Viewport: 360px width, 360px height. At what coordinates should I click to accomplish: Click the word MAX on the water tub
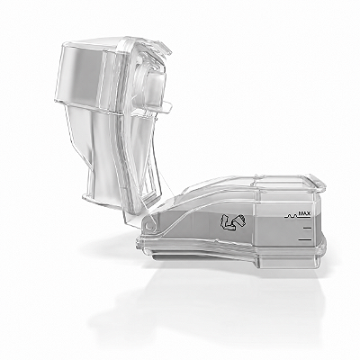tap(304, 213)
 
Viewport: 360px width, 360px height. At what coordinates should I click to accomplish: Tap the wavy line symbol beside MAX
tap(291, 215)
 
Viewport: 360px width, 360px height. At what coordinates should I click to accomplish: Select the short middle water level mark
tap(307, 229)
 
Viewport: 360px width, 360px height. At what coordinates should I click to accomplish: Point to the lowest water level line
tap(304, 239)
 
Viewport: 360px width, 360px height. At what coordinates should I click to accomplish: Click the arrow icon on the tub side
tap(233, 222)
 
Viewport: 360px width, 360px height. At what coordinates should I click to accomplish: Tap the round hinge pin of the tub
tap(148, 225)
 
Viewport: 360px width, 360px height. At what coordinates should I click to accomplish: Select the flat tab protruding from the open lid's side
tap(165, 105)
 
